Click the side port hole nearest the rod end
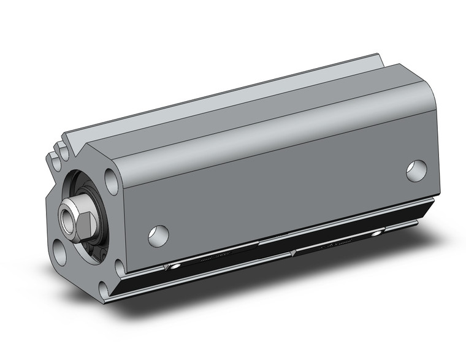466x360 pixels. (x=158, y=235)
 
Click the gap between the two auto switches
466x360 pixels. (x=288, y=251)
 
